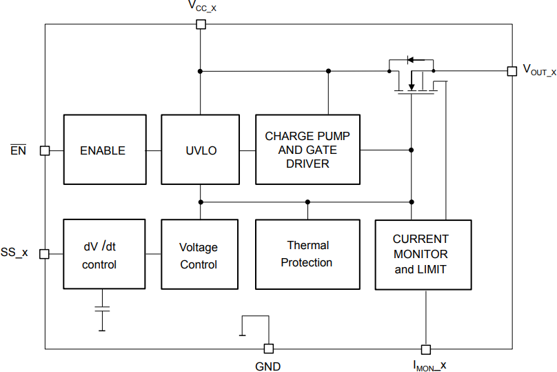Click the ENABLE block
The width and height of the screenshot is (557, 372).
pos(105,150)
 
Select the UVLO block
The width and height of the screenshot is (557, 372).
pos(201,150)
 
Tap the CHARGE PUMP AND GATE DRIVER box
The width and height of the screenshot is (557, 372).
pos(307,150)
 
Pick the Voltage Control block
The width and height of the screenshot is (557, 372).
pos(199,255)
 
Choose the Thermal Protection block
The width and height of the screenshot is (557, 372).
pos(307,254)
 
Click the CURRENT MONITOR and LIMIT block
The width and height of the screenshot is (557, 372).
pos(423,254)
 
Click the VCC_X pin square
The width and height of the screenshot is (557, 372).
pos(201,25)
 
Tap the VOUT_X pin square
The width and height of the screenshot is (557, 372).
pos(512,71)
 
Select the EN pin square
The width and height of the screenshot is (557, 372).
pos(45,150)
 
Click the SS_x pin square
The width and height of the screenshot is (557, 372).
pos(45,254)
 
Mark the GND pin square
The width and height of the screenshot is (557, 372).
pos(269,349)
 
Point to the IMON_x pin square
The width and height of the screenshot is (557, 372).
pos(425,349)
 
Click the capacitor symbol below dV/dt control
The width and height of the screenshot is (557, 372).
pos(102,309)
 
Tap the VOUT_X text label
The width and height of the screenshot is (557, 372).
pos(538,70)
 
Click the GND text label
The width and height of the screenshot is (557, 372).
pos(268,366)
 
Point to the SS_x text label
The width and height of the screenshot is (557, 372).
pos(14,253)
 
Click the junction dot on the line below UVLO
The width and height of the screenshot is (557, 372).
pos(201,202)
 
